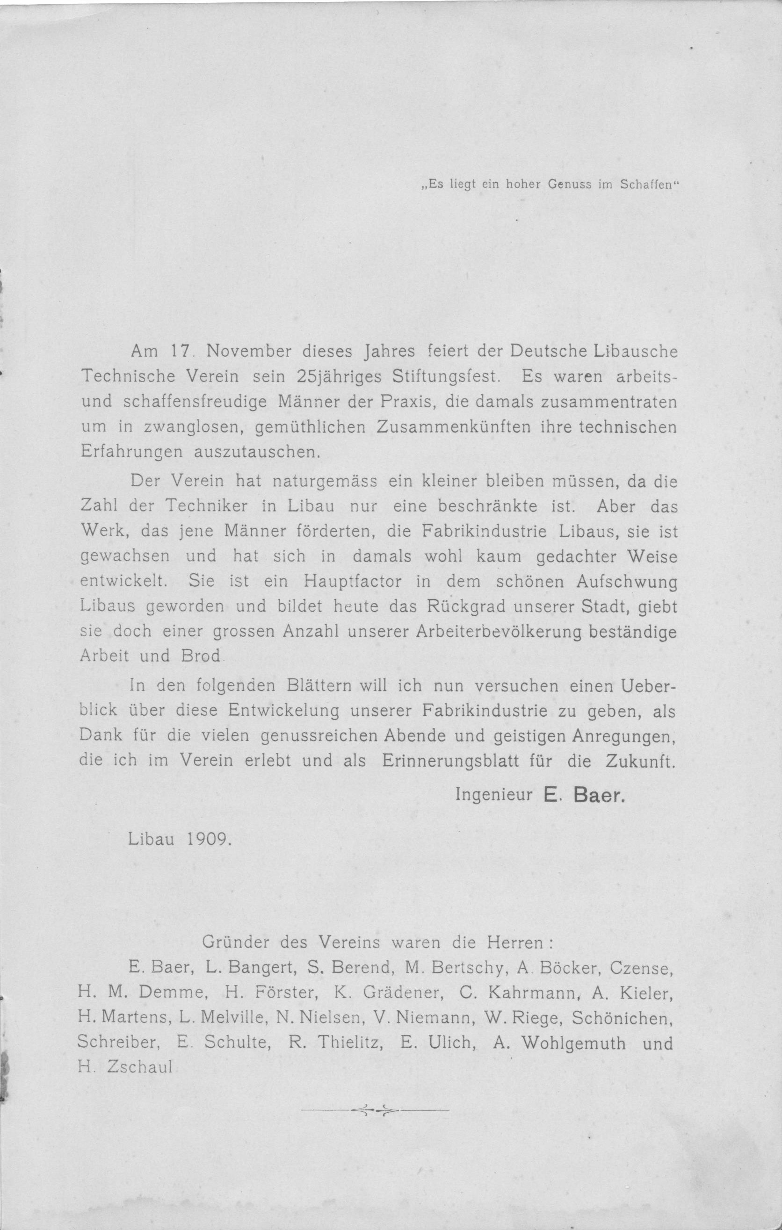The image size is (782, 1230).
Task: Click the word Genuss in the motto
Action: click(x=569, y=185)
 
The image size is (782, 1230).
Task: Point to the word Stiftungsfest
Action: click(x=444, y=376)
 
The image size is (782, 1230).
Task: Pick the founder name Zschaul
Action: click(x=139, y=1068)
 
